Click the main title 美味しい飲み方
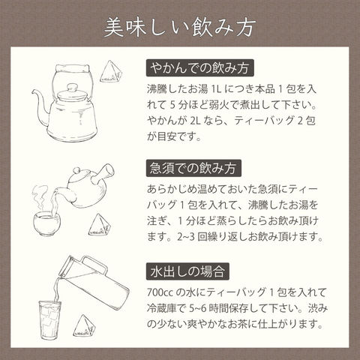coord(180,28)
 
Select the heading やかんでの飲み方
coord(200,68)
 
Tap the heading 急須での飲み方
coord(193,168)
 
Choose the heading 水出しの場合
coord(187,271)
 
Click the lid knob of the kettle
coord(73,88)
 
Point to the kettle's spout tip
coord(33,92)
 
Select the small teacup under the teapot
coord(46,223)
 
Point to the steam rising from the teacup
coord(40,197)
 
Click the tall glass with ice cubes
coord(49,320)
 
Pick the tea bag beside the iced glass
coord(84,325)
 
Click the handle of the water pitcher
coord(94,265)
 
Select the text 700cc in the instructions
coord(160,292)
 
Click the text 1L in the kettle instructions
coord(216,89)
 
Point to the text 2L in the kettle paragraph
coord(195,121)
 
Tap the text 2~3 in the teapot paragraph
coord(186,237)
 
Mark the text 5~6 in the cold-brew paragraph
coord(198,308)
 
